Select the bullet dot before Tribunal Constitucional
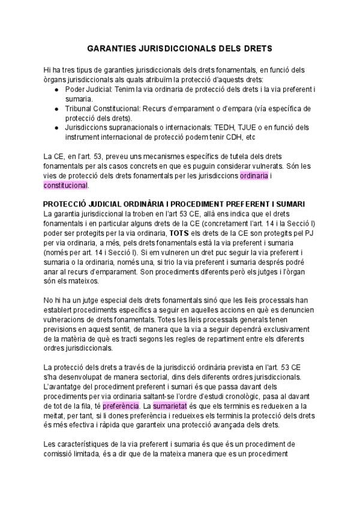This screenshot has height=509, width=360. (56, 109)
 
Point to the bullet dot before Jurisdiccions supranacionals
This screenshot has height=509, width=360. (56, 128)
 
